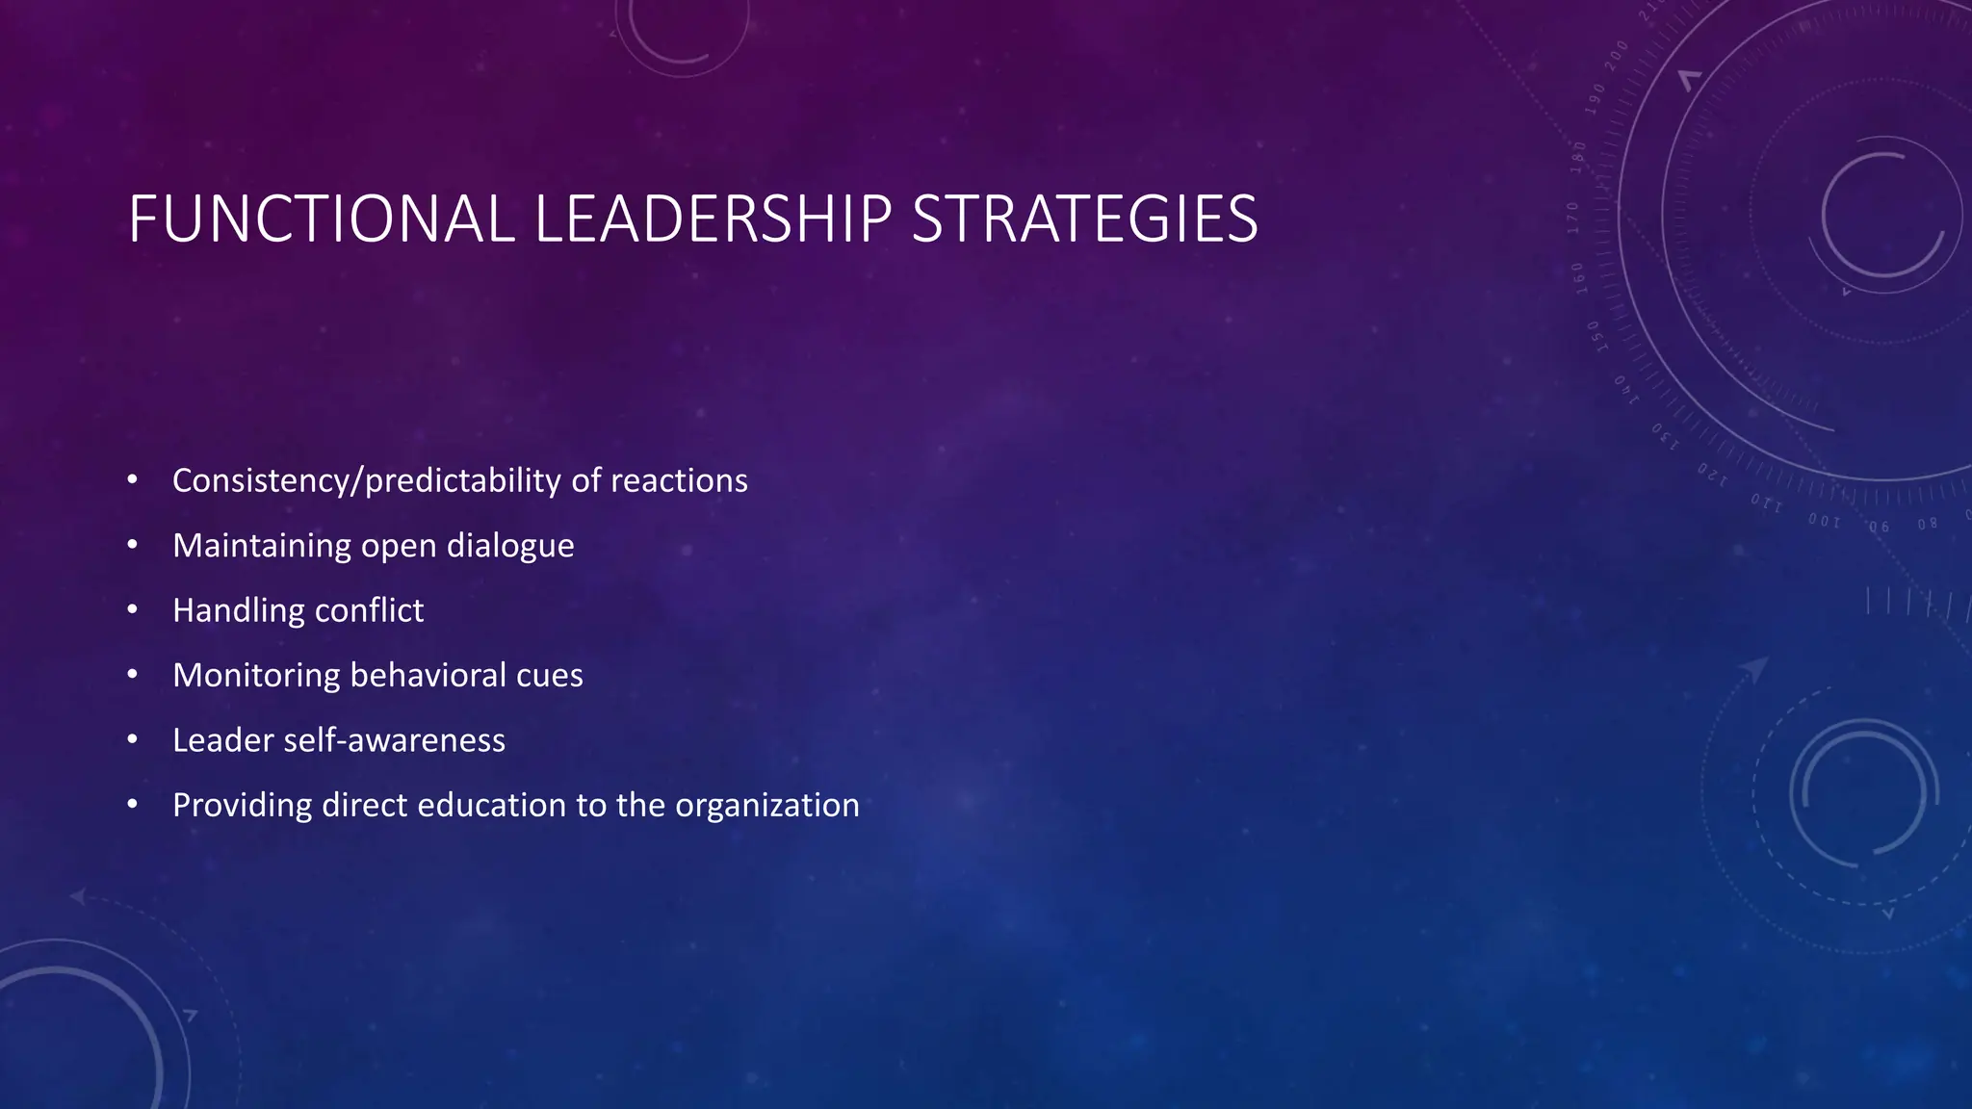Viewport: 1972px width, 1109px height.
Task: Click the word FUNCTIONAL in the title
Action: click(322, 219)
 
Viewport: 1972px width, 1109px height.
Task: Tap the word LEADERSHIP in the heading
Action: click(713, 219)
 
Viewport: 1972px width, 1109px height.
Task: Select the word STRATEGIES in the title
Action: click(1084, 219)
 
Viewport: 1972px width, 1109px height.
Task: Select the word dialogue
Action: click(510, 546)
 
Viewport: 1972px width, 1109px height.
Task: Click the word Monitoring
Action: click(256, 675)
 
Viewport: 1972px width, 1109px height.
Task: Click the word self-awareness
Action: click(394, 740)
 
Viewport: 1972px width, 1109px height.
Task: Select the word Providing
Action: click(243, 805)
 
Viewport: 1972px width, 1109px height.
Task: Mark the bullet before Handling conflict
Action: click(133, 610)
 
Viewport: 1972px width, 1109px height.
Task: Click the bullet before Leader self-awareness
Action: click(133, 740)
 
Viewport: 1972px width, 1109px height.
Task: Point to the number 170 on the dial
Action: click(1573, 219)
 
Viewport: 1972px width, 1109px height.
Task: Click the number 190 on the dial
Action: click(1597, 99)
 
